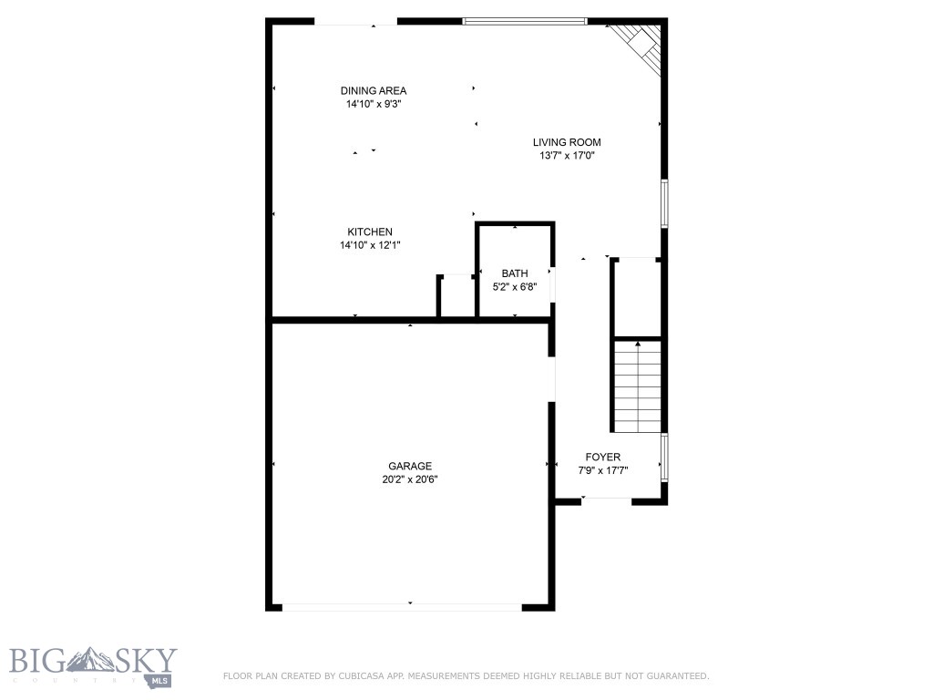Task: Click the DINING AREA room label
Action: click(374, 90)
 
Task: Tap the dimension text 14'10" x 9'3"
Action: click(374, 104)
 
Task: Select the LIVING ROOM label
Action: click(567, 142)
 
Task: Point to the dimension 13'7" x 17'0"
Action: click(567, 156)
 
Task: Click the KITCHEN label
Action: click(370, 232)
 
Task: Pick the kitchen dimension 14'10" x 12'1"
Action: click(370, 245)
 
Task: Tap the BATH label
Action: click(515, 273)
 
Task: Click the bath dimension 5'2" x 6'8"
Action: click(515, 287)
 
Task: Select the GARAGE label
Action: click(410, 466)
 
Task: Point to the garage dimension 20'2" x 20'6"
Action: click(410, 479)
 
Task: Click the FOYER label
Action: click(603, 457)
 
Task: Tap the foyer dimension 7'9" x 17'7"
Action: click(603, 471)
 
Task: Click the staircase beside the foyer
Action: click(637, 386)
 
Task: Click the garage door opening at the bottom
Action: click(401, 605)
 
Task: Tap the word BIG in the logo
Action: click(36, 660)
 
